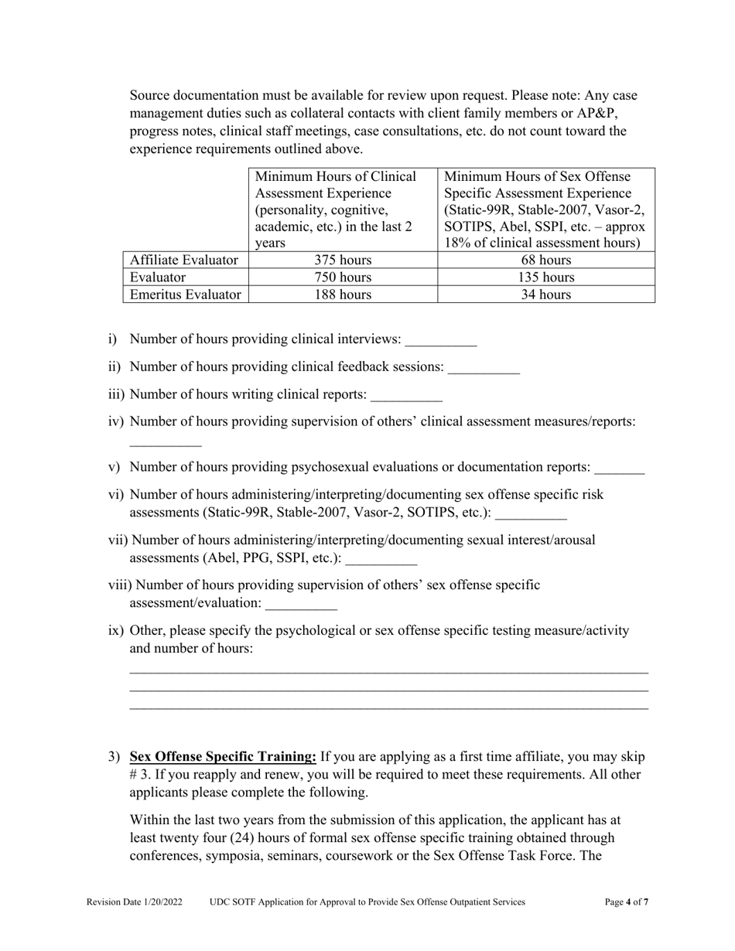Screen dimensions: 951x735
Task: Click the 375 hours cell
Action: [x=343, y=261]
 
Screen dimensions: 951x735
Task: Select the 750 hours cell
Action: [x=343, y=278]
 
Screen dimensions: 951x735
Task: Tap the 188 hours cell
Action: [x=343, y=295]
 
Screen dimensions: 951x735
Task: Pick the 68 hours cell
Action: [x=545, y=261]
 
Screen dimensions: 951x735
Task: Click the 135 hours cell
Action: [x=545, y=278]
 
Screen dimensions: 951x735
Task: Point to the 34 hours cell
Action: [x=545, y=295]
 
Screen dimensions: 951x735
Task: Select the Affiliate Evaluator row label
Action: [x=184, y=261]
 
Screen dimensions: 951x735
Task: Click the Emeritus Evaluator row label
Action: [x=185, y=295]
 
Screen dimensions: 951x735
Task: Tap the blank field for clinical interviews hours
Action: [x=441, y=340]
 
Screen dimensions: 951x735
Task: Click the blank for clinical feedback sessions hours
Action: [x=484, y=368]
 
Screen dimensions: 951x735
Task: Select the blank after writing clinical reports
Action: [x=406, y=396]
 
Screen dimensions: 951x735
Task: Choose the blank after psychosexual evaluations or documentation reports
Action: [x=619, y=469]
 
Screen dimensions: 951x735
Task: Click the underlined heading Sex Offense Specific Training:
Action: [x=223, y=756]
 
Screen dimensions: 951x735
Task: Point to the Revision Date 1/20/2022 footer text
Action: [x=135, y=902]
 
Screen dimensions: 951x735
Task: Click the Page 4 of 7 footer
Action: [x=626, y=902]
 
